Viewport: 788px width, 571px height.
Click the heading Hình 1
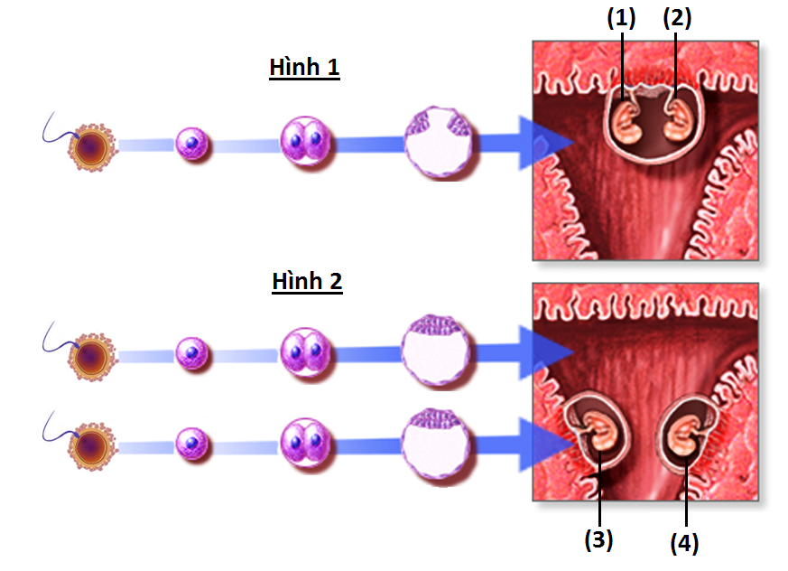(x=304, y=68)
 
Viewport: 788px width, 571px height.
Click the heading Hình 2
(x=307, y=281)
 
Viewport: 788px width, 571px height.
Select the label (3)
(x=598, y=539)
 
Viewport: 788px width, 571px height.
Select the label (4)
(x=684, y=543)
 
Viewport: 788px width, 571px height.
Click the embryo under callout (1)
(x=624, y=122)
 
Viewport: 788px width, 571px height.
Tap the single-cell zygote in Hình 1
(x=191, y=143)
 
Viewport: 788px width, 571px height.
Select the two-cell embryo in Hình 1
(x=305, y=142)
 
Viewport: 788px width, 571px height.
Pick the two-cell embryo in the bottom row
(x=305, y=444)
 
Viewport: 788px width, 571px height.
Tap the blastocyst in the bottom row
(x=438, y=444)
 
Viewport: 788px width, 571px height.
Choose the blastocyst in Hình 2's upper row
(x=438, y=351)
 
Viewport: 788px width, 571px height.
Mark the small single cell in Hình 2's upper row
(x=191, y=352)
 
